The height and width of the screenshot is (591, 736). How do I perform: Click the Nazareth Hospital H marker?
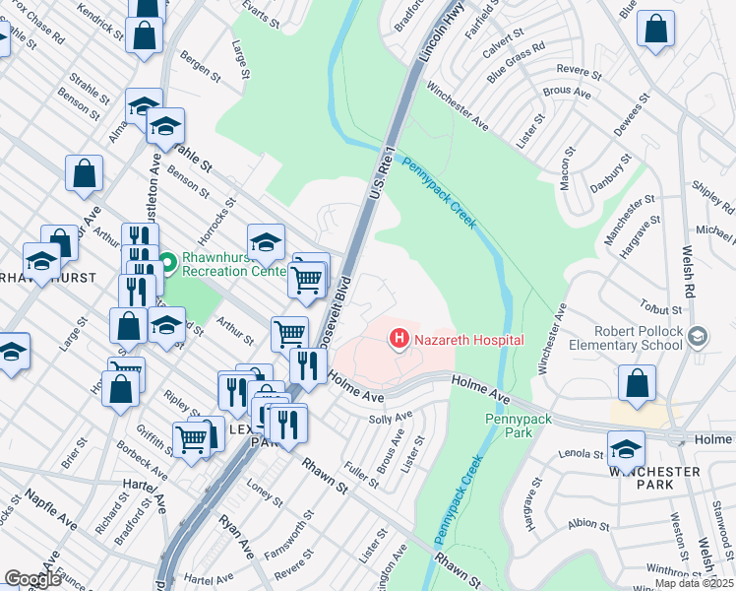coord(399,340)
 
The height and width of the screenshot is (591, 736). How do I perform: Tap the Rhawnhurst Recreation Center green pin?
coord(167,263)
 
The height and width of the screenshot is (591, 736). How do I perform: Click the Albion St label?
coord(588,524)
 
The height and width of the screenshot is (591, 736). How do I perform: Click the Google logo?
coord(32,579)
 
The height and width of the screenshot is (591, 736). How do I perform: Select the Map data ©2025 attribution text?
coord(694,583)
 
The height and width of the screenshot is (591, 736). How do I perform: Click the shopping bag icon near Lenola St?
coord(638,385)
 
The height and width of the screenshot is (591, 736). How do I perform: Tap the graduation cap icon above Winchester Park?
coord(626,449)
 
